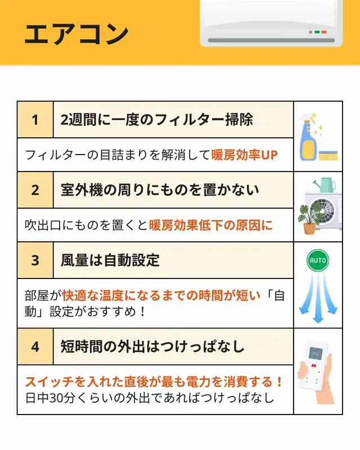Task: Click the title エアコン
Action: (76, 34)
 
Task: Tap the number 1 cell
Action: (35, 120)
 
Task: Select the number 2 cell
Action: (35, 190)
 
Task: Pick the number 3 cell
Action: (35, 260)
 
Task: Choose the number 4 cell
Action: (35, 346)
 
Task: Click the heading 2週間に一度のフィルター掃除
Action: (157, 120)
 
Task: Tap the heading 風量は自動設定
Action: (110, 260)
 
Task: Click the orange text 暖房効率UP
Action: (244, 155)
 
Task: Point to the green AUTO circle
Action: (318, 260)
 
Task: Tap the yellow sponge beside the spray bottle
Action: (328, 155)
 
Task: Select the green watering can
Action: (325, 185)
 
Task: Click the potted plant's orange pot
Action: (309, 229)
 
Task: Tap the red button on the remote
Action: (313, 366)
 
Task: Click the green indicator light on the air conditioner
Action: (317, 32)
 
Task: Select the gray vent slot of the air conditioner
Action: (271, 40)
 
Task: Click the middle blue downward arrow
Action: (318, 299)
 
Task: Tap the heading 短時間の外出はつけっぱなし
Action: (152, 346)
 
